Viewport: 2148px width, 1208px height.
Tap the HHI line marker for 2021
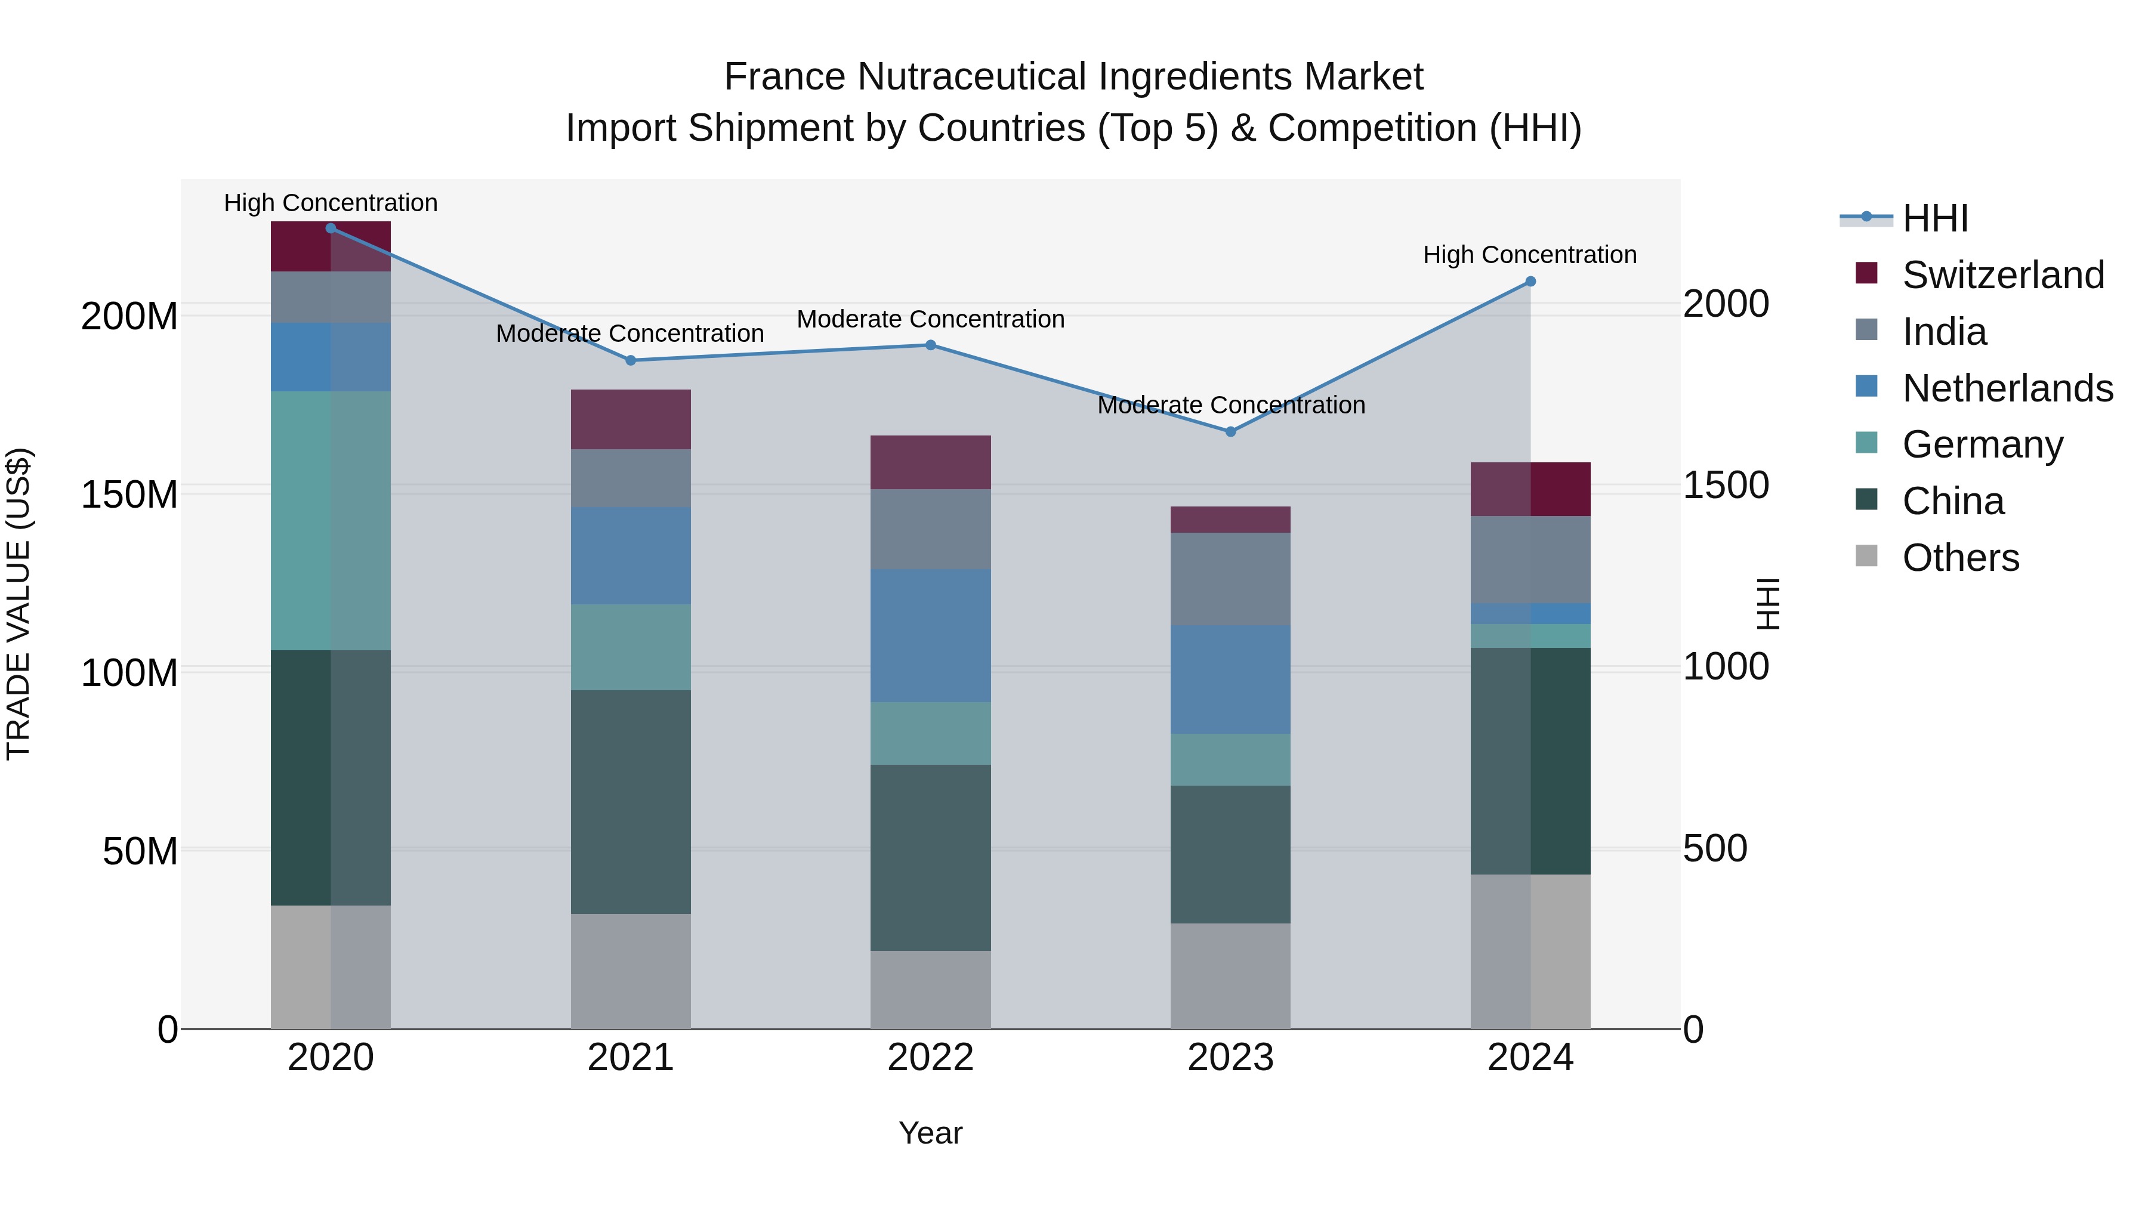tap(631, 361)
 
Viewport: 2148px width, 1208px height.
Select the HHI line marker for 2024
tap(1530, 282)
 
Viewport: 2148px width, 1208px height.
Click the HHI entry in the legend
tap(1934, 218)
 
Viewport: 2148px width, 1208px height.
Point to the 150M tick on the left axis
tap(129, 495)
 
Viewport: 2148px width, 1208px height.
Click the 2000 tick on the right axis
tap(1725, 304)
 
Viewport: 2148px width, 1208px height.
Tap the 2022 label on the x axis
tap(931, 1058)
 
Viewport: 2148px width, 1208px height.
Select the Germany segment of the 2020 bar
tap(331, 521)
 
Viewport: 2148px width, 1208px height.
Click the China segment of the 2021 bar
tap(631, 802)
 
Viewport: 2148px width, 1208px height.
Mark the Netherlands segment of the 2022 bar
tap(931, 636)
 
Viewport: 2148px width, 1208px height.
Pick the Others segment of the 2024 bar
tap(1530, 951)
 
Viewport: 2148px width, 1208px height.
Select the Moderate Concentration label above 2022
tap(931, 319)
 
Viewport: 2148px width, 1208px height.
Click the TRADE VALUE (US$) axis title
tap(18, 604)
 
